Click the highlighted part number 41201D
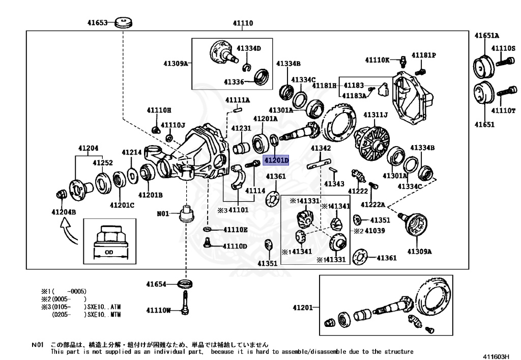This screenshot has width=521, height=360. click(x=276, y=160)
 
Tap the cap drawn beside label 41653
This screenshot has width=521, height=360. click(x=123, y=22)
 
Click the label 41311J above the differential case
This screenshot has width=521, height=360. click(x=375, y=115)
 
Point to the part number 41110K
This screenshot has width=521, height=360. click(x=379, y=60)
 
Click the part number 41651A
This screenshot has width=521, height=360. click(x=486, y=36)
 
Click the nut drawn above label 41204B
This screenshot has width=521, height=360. click(x=61, y=195)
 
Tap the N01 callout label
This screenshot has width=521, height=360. click(x=162, y=214)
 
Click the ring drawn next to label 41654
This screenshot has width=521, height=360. click(x=185, y=284)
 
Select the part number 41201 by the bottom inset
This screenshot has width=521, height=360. click(x=303, y=308)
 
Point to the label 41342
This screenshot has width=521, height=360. click(x=321, y=148)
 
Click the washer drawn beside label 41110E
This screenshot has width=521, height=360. click(x=207, y=230)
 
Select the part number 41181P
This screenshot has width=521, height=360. click(x=424, y=55)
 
